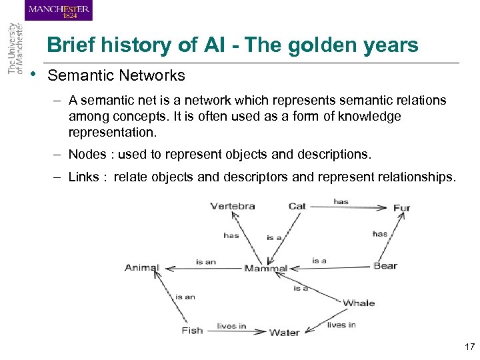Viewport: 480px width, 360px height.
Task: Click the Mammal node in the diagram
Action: point(265,269)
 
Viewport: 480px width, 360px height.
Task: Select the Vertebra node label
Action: point(232,206)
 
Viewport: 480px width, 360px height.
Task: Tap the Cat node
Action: point(297,206)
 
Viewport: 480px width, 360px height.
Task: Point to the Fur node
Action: point(401,208)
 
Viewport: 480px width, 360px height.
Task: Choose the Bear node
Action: point(385,266)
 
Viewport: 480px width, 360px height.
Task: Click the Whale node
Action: point(359,303)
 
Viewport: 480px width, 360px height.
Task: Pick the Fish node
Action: point(192,331)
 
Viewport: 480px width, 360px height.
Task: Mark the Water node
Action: point(284,333)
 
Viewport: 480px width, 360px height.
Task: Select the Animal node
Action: point(142,268)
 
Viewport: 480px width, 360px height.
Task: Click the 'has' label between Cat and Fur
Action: point(341,201)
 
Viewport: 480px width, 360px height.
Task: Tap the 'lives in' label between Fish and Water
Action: point(231,326)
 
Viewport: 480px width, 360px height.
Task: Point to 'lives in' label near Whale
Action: point(341,325)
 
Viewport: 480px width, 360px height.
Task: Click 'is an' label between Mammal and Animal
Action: point(206,262)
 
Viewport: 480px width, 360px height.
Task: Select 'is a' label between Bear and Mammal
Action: point(319,261)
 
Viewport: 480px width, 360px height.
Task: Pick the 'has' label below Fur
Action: point(380,234)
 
